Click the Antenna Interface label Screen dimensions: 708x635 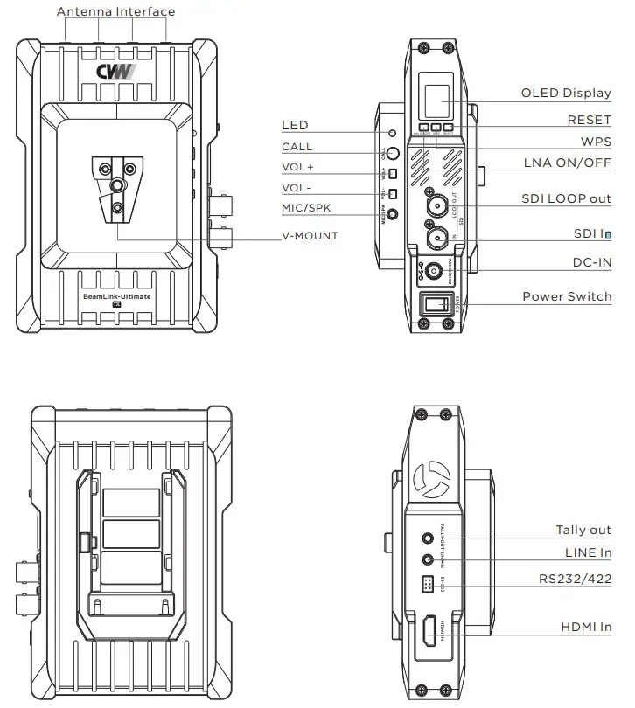coord(115,11)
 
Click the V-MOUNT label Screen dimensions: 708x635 coord(309,236)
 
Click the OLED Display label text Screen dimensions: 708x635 coord(566,94)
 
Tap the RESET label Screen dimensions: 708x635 coord(589,120)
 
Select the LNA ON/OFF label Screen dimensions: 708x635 coord(568,163)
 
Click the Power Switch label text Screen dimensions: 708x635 coord(567,296)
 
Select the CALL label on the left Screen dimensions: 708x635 coord(297,147)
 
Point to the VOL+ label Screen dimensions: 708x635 coord(297,167)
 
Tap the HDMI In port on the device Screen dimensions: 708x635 coord(431,631)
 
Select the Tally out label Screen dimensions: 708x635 coord(583,530)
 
